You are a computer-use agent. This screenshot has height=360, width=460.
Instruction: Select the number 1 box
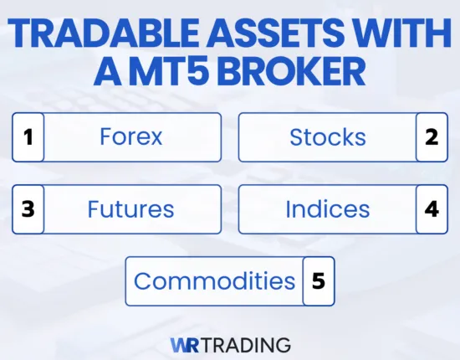[x=28, y=137]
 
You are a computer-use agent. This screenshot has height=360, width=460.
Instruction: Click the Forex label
[x=130, y=137]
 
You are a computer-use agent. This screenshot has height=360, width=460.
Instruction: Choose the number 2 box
[x=432, y=137]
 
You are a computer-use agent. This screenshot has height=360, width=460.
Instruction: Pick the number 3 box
[x=28, y=208]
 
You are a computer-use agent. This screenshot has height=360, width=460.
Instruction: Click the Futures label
[x=130, y=208]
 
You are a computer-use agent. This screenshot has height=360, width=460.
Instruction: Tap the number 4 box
[x=432, y=208]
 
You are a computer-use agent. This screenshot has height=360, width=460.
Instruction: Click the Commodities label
[x=214, y=281]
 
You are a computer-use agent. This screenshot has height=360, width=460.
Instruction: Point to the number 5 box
[x=318, y=281]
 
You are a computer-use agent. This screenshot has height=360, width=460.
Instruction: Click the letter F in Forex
[x=105, y=137]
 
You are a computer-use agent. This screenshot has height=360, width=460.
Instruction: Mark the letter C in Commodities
[x=142, y=281]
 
